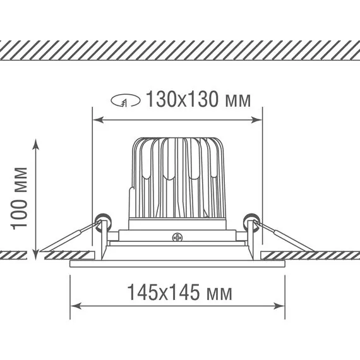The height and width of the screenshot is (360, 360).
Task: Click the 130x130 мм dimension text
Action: tap(198, 99)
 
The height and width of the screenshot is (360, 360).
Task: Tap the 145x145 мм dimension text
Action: tap(179, 292)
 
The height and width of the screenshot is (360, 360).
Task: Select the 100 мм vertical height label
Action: tap(19, 198)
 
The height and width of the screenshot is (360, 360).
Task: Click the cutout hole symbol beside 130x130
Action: tap(125, 100)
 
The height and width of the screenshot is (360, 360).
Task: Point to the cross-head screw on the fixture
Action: tap(177, 237)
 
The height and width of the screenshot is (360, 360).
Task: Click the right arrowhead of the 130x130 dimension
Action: tap(256, 119)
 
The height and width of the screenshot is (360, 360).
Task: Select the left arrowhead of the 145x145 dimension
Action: tap(76, 306)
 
